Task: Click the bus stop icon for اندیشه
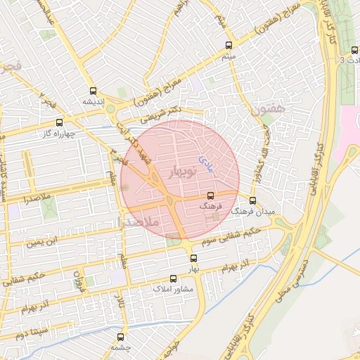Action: point(93,91)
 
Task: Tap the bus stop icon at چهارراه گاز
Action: point(59,122)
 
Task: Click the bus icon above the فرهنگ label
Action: point(210,196)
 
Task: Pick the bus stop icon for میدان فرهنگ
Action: point(253,200)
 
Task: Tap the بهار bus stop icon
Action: point(193,258)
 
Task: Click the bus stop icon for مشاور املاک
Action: point(174,278)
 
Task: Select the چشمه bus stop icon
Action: point(122,337)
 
